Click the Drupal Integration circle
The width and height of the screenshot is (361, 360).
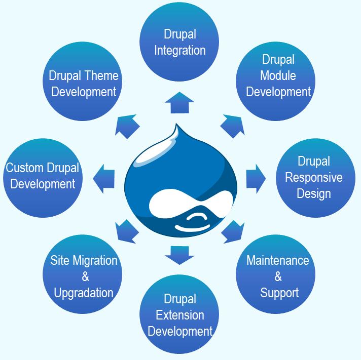pos(179,42)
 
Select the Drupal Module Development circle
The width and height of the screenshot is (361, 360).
pos(276,81)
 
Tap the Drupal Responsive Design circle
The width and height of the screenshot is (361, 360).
pos(315,178)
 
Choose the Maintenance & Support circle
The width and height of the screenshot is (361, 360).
pos(276,274)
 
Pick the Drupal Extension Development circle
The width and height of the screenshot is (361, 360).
pos(179,314)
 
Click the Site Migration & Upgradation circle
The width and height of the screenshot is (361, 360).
pos(83,274)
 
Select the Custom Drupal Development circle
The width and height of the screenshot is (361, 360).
pos(43,178)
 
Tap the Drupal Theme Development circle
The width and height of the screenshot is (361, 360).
pos(83,81)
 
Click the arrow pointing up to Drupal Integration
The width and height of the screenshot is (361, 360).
pos(179,102)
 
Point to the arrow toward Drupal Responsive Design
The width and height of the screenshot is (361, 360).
pos(256,179)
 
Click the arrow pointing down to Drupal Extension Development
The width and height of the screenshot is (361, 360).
pos(179,255)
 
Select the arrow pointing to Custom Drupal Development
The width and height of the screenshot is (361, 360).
pos(103,179)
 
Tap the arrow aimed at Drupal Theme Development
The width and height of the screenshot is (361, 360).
pos(127,126)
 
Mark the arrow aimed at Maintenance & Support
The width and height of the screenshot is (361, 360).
pos(233,231)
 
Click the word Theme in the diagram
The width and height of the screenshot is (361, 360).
pos(101,75)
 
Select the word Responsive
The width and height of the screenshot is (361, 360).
pos(313,177)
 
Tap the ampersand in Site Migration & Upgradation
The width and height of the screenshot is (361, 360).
pos(85,276)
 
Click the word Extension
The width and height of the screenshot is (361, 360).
pos(180,315)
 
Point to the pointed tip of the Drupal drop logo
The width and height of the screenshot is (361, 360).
pos(176,124)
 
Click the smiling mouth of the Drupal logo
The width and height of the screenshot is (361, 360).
pos(192,227)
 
